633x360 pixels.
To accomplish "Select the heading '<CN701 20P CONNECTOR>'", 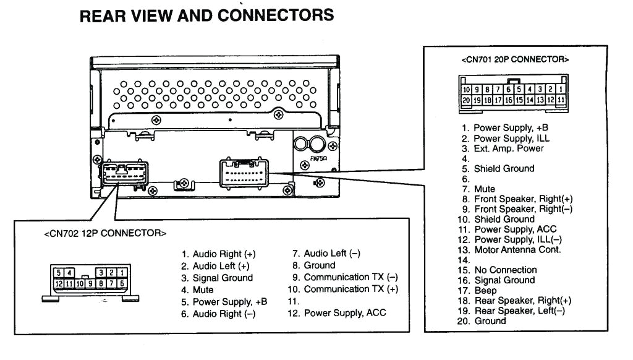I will [x=515, y=59].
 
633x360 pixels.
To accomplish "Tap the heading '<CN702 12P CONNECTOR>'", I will [x=105, y=234].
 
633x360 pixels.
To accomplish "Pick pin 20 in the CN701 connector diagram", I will [x=467, y=99].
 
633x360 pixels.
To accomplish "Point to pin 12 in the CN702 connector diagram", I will [x=59, y=283].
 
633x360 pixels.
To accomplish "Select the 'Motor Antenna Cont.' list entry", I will [x=517, y=250].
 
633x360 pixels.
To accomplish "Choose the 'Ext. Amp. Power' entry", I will [x=508, y=148].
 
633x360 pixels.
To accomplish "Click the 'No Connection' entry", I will [x=505, y=270].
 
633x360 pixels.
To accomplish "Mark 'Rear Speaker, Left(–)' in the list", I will [x=519, y=311].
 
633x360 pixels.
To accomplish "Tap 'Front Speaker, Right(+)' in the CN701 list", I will [x=522, y=199].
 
